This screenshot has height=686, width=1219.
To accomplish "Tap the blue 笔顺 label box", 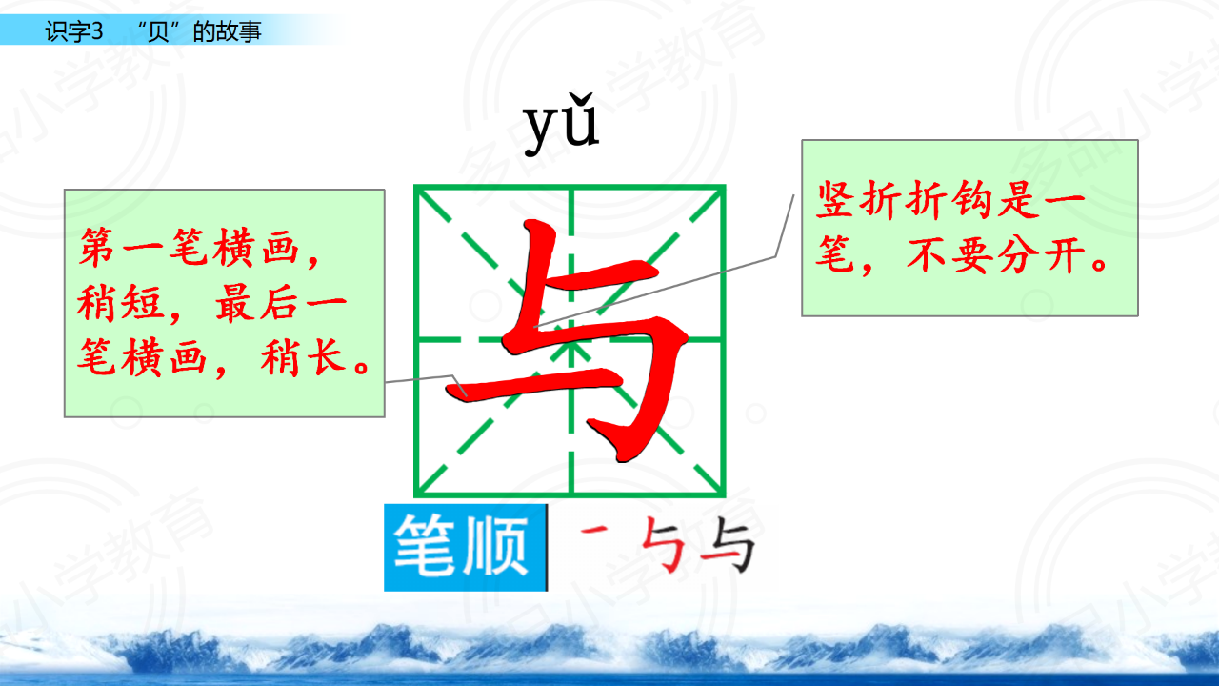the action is [x=466, y=547].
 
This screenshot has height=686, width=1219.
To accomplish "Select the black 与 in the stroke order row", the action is [x=728, y=544].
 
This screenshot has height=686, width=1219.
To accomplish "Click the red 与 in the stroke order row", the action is [x=662, y=544].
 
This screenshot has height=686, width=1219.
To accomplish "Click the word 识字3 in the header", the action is [x=74, y=31].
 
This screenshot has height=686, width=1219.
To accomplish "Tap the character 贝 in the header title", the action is [x=158, y=31].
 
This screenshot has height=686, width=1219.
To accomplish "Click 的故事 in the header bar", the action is [x=227, y=31].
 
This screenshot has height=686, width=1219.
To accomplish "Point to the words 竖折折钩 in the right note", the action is [x=907, y=200].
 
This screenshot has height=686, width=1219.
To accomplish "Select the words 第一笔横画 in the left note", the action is [x=189, y=248].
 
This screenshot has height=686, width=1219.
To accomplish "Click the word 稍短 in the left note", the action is [x=120, y=303].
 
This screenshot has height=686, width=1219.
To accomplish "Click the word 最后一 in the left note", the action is [x=281, y=303].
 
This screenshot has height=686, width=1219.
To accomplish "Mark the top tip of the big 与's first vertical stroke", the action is [x=536, y=222].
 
